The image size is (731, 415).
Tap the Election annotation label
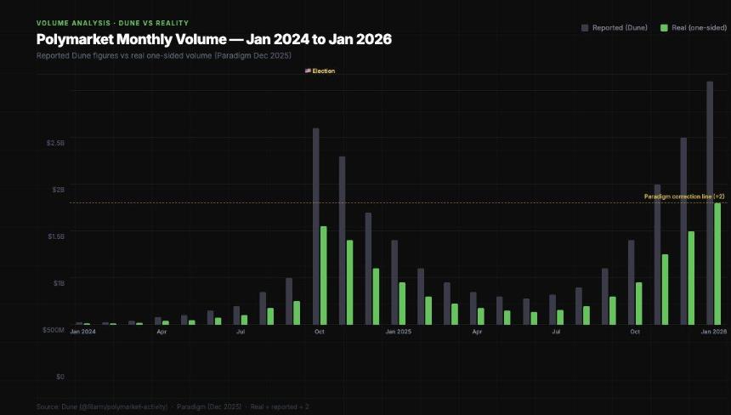320,71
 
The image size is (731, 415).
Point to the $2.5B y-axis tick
55,143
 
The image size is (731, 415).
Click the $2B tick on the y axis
57,190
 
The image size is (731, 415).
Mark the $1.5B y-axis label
55,236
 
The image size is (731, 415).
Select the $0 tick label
59,376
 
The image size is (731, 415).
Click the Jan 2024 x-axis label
82,332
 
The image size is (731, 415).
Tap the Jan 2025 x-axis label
398,332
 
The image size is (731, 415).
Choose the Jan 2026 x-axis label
713,332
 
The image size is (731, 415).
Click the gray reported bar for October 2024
316,226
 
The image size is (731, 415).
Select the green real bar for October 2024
324,275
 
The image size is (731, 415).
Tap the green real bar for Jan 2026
717,264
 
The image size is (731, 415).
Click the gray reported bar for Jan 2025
394,281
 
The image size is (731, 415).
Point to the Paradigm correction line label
683,196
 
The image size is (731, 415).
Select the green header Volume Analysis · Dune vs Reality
112,22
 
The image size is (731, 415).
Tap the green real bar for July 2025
560,316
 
